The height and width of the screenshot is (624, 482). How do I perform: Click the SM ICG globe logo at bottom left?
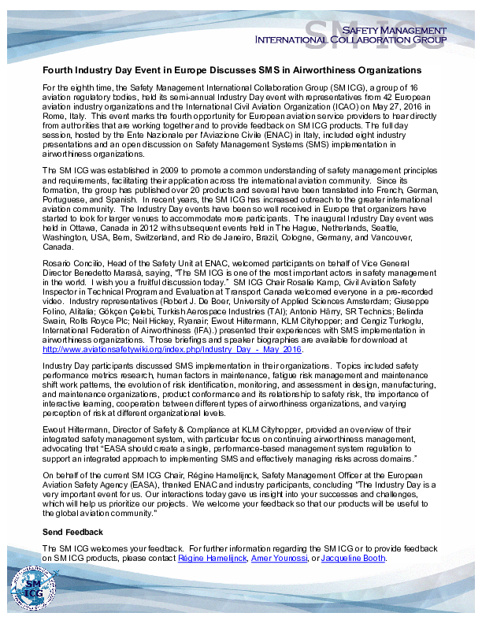[31, 590]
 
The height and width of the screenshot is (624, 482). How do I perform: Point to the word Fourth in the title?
[57, 70]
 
